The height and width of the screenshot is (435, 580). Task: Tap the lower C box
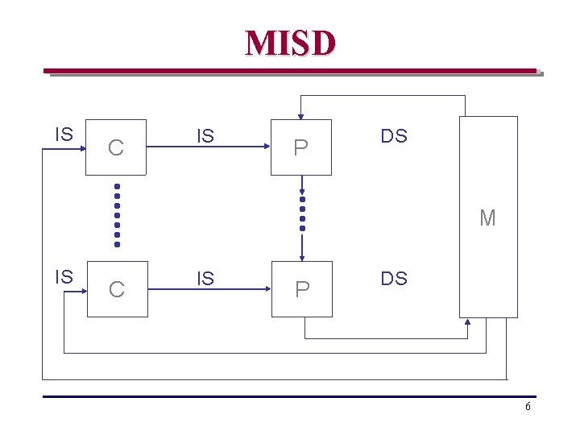(x=117, y=288)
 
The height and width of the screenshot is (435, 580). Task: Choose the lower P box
(x=301, y=288)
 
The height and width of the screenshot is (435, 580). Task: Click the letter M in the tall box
(x=487, y=217)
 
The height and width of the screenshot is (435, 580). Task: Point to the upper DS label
(x=394, y=136)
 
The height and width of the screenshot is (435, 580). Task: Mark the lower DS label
(x=394, y=279)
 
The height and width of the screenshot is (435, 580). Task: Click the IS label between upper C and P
(x=205, y=136)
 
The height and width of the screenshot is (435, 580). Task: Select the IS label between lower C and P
(x=205, y=279)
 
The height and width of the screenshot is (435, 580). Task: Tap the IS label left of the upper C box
(x=64, y=134)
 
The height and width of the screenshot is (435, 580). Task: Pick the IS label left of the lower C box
(x=64, y=276)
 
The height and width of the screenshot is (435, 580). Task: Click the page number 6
(x=528, y=407)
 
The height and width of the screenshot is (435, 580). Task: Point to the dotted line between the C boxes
(x=117, y=216)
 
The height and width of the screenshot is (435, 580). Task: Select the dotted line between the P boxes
(x=302, y=213)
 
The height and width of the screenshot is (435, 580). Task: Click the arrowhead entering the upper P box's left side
(x=266, y=147)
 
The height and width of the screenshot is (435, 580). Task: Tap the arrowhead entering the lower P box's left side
(x=266, y=289)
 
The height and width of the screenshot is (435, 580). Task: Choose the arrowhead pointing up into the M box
(x=469, y=322)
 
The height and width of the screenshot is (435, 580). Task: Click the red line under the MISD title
(x=290, y=71)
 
